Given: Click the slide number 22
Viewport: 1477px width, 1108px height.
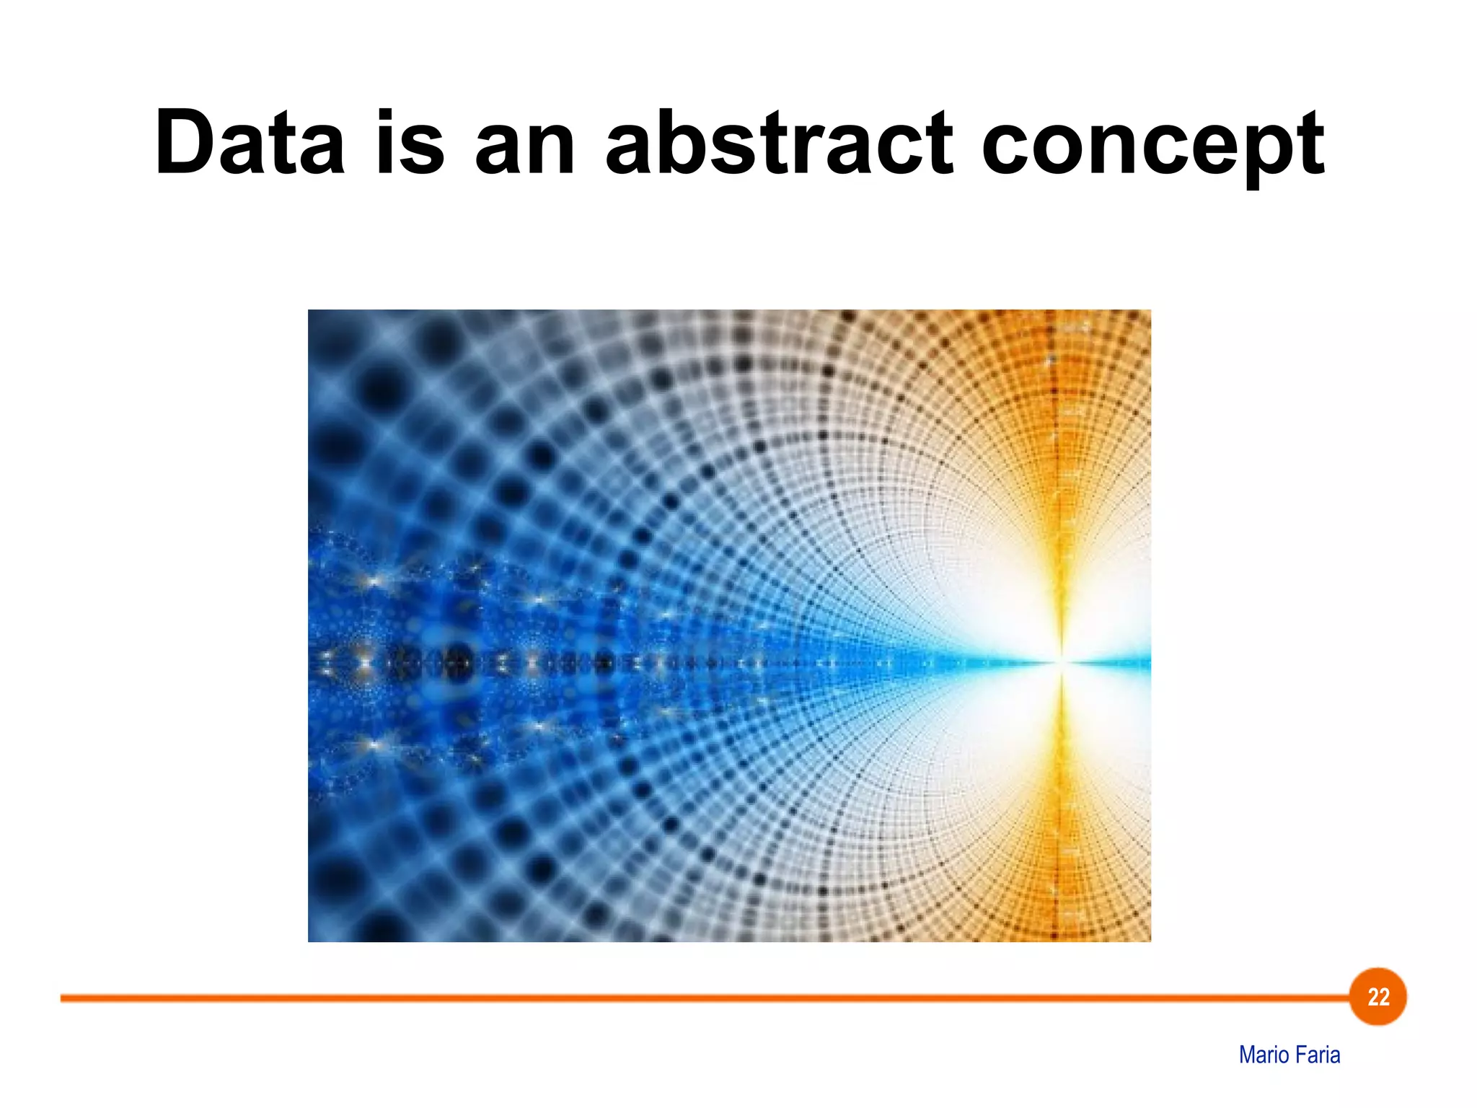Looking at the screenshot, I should point(1378,997).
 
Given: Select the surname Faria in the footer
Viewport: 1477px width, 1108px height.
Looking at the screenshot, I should point(1317,1055).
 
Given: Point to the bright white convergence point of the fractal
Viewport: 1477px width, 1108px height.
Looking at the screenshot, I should point(1061,660).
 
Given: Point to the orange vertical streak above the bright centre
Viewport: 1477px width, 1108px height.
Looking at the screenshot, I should point(1060,469).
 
